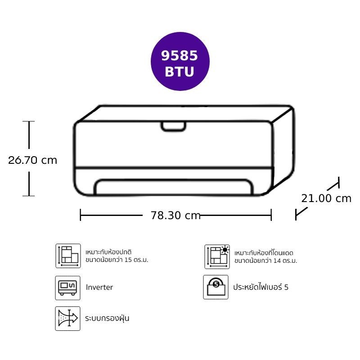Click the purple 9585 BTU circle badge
(x=180, y=61)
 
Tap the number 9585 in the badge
(x=179, y=55)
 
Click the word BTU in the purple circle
(x=180, y=72)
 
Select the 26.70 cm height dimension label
(x=32, y=160)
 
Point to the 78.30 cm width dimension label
(x=175, y=215)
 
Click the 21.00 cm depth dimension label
(x=326, y=198)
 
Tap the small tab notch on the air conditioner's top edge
(x=173, y=127)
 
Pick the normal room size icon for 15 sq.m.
(x=68, y=256)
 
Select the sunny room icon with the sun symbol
(x=217, y=256)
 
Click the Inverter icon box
(x=68, y=288)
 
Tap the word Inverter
(x=99, y=287)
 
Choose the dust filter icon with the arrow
(x=68, y=319)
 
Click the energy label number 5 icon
(x=216, y=287)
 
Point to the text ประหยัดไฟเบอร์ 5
(x=261, y=287)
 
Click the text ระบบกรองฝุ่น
(x=107, y=318)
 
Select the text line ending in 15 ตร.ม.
(x=117, y=260)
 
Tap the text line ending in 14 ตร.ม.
(x=265, y=261)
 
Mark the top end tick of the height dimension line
(x=29, y=121)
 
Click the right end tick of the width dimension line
(x=271, y=215)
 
